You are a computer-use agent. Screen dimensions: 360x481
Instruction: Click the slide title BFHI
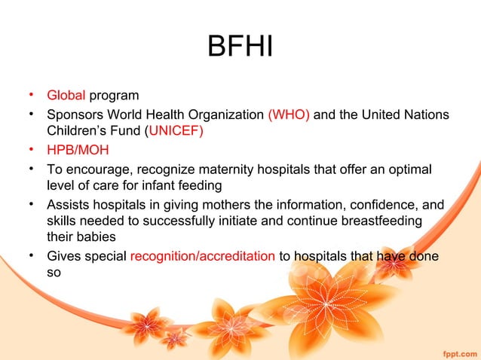pos(240,50)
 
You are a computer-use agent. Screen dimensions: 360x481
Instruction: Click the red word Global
pos(66,96)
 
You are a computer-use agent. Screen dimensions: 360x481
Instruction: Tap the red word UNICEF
pos(179,130)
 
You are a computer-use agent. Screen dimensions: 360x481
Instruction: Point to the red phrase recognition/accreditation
pos(202,255)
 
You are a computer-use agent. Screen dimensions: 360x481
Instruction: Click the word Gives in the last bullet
pos(64,255)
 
